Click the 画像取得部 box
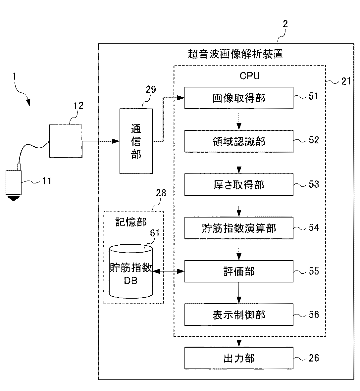[239, 98]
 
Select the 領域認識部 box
[239, 141]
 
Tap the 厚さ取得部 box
[239, 184]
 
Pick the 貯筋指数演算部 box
[239, 228]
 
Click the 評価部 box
[239, 271]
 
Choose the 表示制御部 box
[239, 315]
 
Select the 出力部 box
[239, 358]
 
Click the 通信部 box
[136, 141]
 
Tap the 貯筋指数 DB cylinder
[131, 271]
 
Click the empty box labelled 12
[66, 141]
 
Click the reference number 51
[314, 96]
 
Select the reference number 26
[314, 358]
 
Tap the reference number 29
[151, 89]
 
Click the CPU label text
[249, 76]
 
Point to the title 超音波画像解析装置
[235, 54]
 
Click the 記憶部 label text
[131, 222]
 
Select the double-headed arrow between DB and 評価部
[168, 271]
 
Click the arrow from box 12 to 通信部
[101, 141]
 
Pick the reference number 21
[346, 81]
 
